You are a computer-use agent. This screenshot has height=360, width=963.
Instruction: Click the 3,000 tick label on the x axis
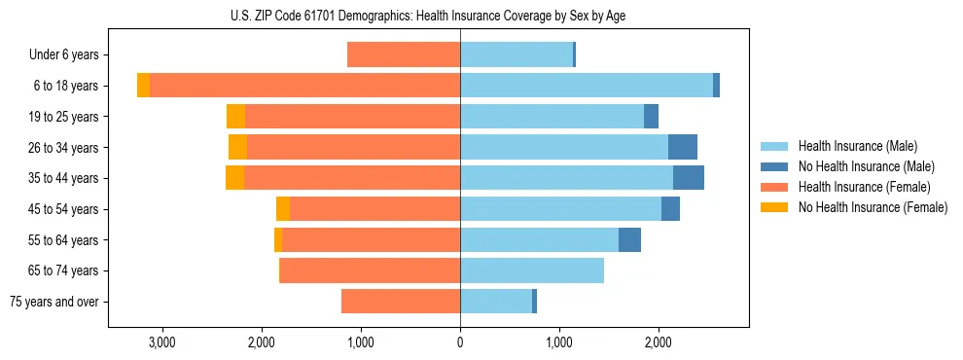tap(161, 342)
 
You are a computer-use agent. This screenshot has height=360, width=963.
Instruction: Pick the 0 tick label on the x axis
tap(460, 342)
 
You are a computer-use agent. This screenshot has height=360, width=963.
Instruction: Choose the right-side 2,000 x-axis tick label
tap(659, 342)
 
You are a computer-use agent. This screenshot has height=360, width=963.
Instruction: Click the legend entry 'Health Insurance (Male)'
tap(856, 146)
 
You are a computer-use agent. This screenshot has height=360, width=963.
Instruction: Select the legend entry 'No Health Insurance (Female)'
tap(873, 207)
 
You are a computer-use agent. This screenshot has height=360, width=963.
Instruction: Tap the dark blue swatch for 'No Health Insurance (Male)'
tap(776, 166)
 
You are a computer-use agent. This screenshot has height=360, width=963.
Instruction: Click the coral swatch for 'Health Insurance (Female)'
tap(776, 187)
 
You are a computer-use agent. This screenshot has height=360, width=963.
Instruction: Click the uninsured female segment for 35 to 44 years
tap(234, 178)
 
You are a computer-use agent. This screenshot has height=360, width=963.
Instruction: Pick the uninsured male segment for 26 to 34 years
tap(683, 147)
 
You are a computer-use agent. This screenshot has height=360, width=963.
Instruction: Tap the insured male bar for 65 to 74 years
tap(532, 270)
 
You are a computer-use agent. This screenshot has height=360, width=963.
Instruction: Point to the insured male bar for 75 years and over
tap(496, 302)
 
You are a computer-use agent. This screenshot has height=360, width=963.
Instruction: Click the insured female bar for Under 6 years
tap(404, 55)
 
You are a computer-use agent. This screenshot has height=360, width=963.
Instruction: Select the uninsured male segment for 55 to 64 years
tap(629, 239)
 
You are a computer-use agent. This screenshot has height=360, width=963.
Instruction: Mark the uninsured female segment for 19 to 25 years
tap(235, 117)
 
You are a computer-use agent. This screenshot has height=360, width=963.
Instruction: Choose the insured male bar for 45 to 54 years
tap(560, 209)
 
